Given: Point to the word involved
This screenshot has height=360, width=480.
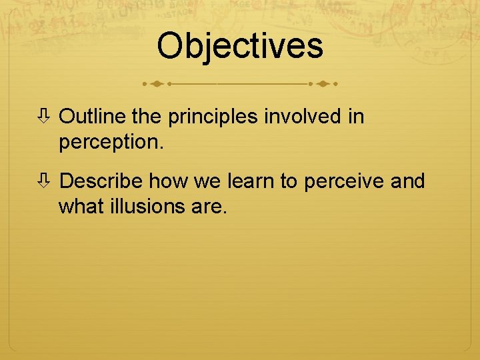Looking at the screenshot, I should click(301, 117).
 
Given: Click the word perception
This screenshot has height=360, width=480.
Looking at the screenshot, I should click(109, 143).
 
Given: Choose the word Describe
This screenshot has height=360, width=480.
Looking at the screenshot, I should click(101, 181).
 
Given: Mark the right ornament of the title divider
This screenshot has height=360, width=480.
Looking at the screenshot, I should click(323, 85).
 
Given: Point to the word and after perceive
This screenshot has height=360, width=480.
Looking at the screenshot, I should click(408, 181).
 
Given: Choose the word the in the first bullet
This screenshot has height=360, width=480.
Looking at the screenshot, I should click(148, 117).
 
